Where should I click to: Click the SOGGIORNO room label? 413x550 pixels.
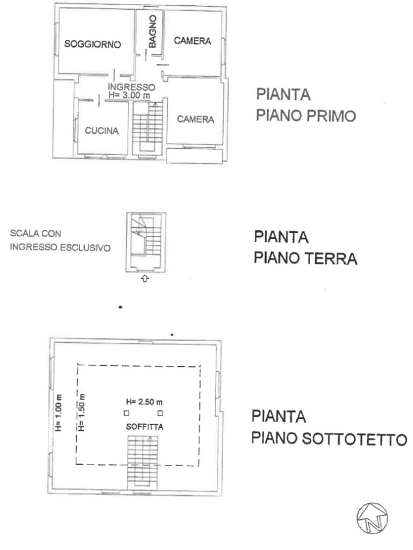(92, 44)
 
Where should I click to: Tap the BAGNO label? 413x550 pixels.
(152, 31)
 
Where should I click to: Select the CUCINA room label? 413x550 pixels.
(102, 131)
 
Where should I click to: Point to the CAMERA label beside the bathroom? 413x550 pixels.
(193, 41)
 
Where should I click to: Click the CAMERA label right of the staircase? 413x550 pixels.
(195, 119)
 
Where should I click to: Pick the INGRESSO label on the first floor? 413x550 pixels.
(131, 86)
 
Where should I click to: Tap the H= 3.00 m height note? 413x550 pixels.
(129, 95)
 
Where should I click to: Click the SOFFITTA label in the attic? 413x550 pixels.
(145, 427)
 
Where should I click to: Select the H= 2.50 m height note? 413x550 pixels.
(144, 402)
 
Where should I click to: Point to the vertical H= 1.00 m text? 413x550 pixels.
(59, 413)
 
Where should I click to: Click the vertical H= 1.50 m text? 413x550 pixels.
(82, 413)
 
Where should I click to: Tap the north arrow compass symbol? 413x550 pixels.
(372, 518)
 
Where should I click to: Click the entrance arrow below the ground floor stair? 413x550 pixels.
(145, 279)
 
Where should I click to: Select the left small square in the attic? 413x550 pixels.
(126, 413)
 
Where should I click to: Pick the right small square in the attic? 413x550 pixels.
(160, 413)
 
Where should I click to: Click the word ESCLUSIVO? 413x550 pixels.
(86, 248)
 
